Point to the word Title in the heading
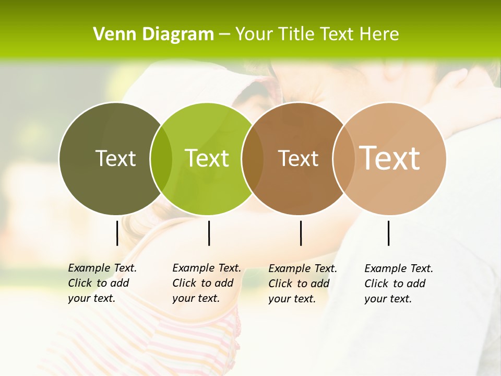[296, 34]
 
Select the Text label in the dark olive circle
[115, 158]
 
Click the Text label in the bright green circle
[207, 158]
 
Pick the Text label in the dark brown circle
[298, 159]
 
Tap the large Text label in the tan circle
[389, 158]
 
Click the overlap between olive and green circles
[161, 159]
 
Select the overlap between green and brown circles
[253, 159]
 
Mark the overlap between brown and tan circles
[343, 159]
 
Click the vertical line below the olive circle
[117, 233]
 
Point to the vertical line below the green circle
[209, 233]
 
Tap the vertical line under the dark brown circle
[301, 233]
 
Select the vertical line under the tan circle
[388, 233]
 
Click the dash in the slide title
[224, 35]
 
